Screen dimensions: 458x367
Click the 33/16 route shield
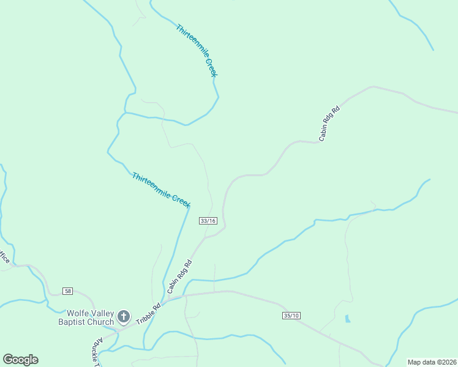[x=208, y=221]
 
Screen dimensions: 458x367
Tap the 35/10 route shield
[x=291, y=316]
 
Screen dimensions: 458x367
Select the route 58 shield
[x=68, y=290]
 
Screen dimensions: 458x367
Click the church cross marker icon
[x=124, y=317]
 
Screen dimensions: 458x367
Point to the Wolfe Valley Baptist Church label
[x=86, y=317]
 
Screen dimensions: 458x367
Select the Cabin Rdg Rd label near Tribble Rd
[x=179, y=275]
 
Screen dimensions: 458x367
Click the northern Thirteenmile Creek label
[x=197, y=50]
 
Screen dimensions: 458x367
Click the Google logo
[x=20, y=360]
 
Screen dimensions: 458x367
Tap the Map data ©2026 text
[x=432, y=362]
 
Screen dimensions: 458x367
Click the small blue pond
[x=348, y=319]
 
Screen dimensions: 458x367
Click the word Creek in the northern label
[x=211, y=67]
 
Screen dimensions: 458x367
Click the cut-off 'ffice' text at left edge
[x=5, y=258]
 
